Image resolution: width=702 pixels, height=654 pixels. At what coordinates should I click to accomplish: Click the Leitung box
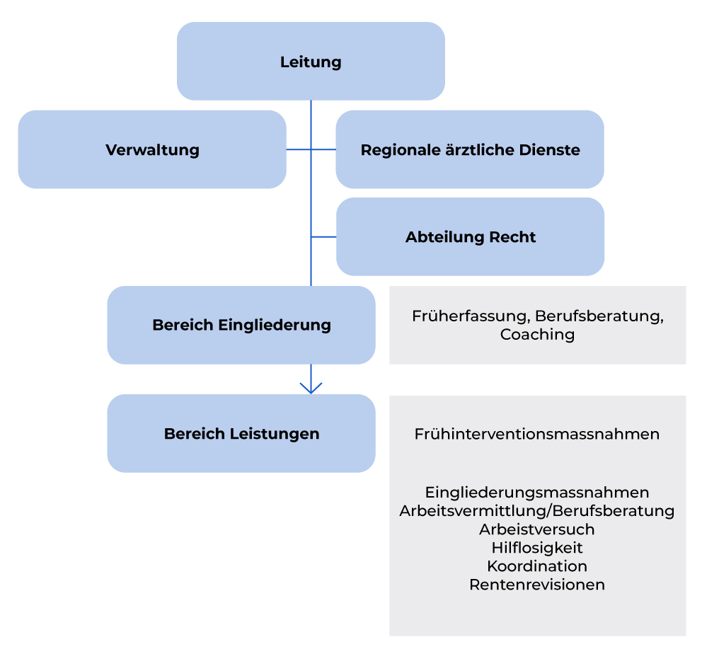[x=311, y=62]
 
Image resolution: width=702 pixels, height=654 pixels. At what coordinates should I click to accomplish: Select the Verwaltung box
[x=152, y=149]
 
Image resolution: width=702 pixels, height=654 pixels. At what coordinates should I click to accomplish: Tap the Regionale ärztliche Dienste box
[x=470, y=149]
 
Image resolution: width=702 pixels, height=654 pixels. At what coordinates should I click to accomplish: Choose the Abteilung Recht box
[x=470, y=237]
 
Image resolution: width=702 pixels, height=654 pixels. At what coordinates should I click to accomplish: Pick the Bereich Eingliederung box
[x=241, y=325]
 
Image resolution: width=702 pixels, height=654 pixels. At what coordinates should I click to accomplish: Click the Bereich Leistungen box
[x=241, y=433]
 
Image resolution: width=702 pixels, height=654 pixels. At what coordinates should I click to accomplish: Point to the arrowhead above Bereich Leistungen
[x=311, y=388]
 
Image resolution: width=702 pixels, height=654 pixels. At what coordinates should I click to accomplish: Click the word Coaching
[x=537, y=334]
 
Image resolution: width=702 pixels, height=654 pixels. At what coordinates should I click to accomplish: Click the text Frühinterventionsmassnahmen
[x=537, y=434]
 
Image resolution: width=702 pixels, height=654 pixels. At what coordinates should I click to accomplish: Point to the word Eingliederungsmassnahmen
[x=537, y=492]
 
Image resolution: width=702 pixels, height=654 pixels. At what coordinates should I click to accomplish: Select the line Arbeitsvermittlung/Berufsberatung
[x=537, y=510]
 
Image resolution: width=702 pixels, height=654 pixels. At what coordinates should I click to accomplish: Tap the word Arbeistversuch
[x=537, y=529]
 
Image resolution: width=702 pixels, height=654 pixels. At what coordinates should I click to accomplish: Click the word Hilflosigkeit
[x=537, y=547]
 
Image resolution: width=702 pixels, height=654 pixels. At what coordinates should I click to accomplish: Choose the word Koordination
[x=537, y=566]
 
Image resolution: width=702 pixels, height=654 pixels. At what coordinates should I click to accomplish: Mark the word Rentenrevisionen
[x=537, y=585]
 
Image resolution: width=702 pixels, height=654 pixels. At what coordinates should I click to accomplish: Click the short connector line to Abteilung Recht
[x=323, y=237]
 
